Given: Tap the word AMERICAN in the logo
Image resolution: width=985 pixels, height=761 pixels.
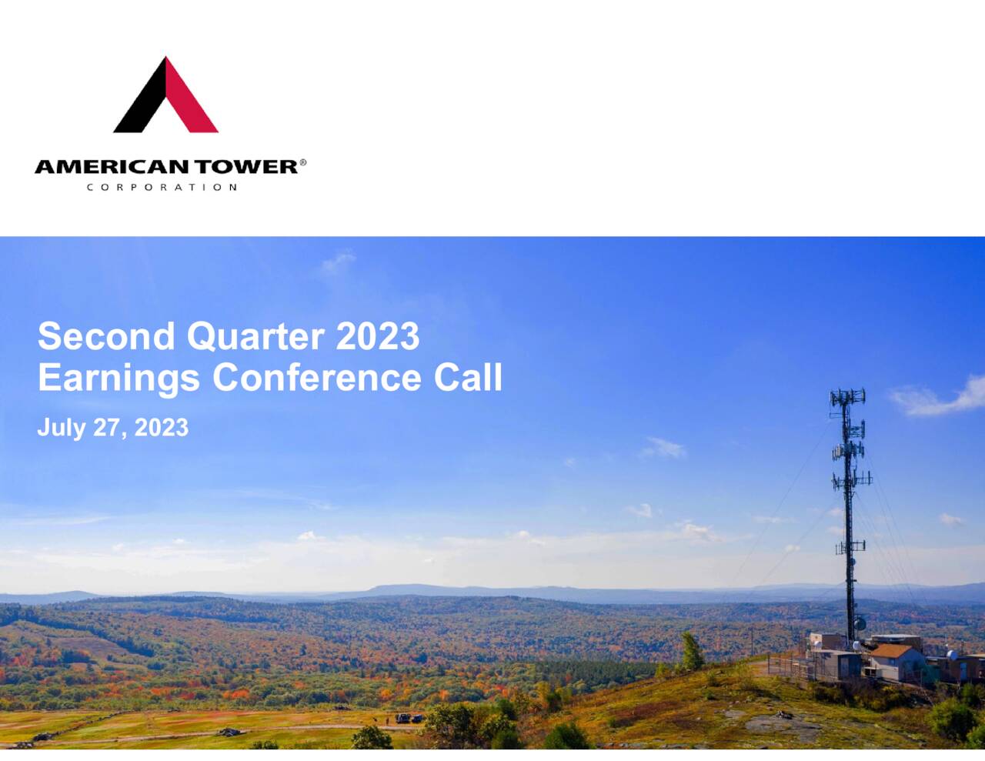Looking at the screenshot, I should click(x=112, y=167).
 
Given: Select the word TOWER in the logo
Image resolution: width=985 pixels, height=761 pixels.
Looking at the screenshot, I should click(x=245, y=167).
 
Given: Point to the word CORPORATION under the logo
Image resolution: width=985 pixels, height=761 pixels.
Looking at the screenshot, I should click(x=162, y=187).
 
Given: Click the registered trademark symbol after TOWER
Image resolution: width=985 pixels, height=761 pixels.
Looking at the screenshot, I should click(x=303, y=162).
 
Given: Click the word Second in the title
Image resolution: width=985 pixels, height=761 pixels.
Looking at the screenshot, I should click(x=106, y=336).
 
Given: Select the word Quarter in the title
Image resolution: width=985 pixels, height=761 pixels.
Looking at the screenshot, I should click(x=254, y=336).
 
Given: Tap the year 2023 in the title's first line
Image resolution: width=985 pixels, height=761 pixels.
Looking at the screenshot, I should click(x=377, y=336).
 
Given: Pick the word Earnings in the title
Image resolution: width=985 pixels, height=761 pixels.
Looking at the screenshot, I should click(x=119, y=379).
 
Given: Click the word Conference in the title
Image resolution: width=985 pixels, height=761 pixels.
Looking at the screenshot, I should click(x=316, y=378).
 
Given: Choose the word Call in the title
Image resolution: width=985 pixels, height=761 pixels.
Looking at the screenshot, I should click(x=468, y=378).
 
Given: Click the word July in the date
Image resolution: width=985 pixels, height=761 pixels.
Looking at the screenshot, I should click(x=61, y=428).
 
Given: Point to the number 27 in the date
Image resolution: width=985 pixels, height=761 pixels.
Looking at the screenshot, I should click(x=106, y=428).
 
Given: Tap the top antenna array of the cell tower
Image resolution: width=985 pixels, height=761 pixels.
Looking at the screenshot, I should click(x=847, y=398).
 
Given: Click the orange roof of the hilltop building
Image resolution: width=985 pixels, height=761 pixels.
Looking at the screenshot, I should click(x=891, y=651).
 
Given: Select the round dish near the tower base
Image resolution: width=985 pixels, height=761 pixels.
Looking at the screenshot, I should click(x=860, y=624).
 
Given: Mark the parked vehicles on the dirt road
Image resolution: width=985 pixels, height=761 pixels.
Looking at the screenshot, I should click(x=408, y=718).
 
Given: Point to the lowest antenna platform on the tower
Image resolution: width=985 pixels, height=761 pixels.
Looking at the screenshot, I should click(x=850, y=546).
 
